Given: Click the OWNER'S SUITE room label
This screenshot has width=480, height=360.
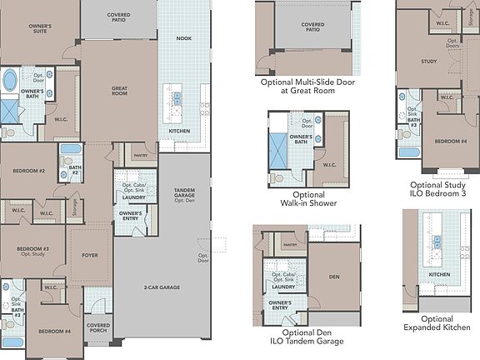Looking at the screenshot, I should (x=40, y=30).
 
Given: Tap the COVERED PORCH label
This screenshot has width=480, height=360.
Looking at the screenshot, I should (x=98, y=328).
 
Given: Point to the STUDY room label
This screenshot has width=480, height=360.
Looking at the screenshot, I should (x=429, y=61).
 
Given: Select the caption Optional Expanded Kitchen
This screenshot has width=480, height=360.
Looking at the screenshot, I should (x=437, y=323).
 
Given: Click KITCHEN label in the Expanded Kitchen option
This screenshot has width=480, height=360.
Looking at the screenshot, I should (x=439, y=273).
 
